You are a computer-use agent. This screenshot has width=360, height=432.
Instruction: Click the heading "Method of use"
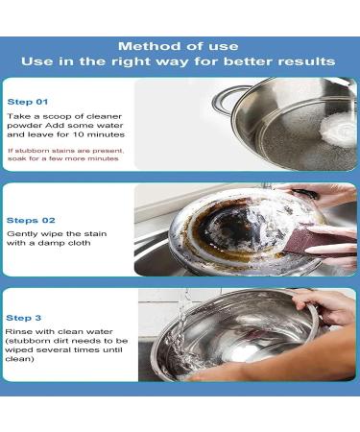179,46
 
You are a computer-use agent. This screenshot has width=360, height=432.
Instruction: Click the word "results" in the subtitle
304,61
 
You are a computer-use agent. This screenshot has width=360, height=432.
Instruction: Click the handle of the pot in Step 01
228,97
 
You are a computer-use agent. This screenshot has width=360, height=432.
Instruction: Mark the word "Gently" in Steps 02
21,234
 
